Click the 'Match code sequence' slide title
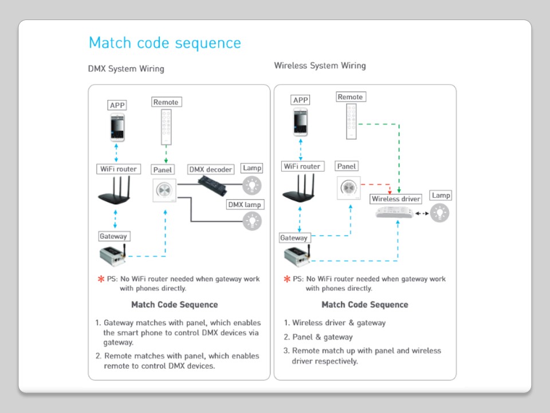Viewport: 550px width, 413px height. (165, 43)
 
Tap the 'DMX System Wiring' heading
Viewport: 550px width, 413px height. (126, 69)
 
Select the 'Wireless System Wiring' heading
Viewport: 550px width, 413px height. (320, 65)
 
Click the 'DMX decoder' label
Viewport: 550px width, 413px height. (211, 170)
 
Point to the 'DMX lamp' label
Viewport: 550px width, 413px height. (245, 205)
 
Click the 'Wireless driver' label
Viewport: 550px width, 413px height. (396, 199)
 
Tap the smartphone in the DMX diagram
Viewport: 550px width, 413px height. (117, 127)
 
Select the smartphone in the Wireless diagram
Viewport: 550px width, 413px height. (301, 122)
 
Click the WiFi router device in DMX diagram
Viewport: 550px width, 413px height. (117, 192)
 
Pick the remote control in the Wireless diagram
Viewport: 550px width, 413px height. (351, 122)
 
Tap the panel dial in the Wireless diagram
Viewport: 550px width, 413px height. (347, 187)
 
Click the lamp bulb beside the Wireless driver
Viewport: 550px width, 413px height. (440, 213)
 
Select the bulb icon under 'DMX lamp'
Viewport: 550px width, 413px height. (252, 221)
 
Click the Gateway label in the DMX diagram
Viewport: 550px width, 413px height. (113, 236)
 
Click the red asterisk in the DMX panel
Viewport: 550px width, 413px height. (101, 279)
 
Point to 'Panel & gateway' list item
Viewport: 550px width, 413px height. (322, 337)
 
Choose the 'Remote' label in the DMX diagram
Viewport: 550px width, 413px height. (166, 102)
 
